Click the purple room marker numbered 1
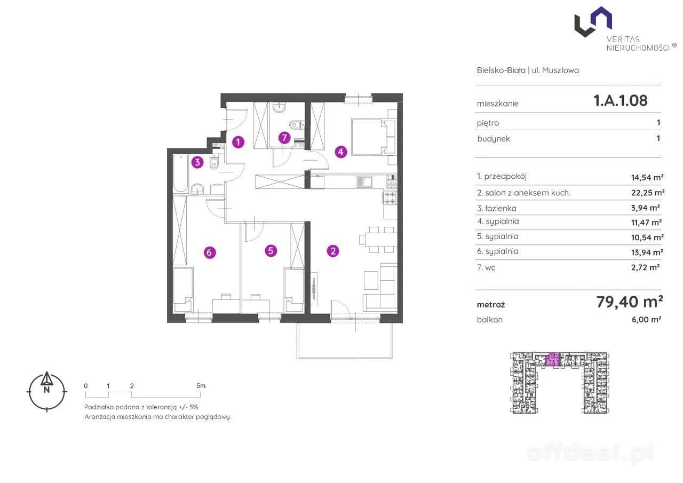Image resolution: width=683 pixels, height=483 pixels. tap(238, 142)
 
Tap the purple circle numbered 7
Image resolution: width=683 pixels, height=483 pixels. tap(284, 138)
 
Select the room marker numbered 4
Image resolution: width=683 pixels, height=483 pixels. tap(341, 152)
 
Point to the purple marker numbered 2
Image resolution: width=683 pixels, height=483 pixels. tap(333, 251)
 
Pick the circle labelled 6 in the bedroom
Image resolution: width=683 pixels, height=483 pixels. tap(210, 252)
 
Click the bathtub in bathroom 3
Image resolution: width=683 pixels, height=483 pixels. tap(180, 173)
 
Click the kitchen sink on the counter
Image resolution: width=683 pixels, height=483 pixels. tap(364, 182)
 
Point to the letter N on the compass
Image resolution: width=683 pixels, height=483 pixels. tap(46, 390)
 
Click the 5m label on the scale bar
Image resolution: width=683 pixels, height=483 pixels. tap(201, 386)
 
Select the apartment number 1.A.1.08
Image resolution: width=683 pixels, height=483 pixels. tap(621, 100)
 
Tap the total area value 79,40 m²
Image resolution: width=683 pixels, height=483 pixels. tap(630, 302)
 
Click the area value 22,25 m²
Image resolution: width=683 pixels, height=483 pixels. tap(648, 193)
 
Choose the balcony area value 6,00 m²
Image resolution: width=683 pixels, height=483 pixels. tap(646, 320)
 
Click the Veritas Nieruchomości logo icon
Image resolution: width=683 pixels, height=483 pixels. tap(593, 22)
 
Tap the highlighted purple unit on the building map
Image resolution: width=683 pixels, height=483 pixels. tap(552, 359)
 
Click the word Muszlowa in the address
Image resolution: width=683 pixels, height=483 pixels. tap(560, 70)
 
